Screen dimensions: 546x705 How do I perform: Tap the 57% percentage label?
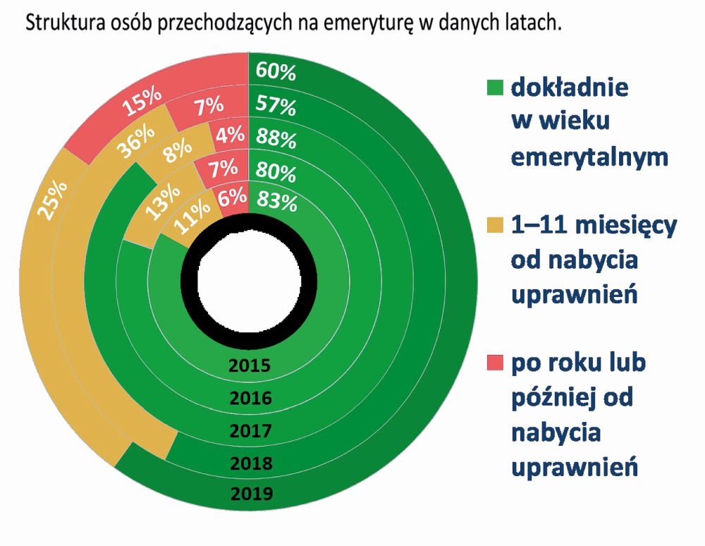click(276, 106)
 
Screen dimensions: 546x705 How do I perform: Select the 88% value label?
click(276, 138)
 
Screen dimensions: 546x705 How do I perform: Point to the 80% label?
click(276, 171)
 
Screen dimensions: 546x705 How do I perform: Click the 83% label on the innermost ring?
click(276, 202)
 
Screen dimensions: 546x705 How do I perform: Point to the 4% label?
click(231, 134)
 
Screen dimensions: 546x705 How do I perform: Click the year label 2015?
click(250, 366)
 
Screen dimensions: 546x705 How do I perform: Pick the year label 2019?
click(250, 493)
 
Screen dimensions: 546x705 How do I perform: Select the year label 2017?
click(250, 430)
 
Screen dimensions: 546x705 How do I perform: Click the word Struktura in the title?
click(59, 23)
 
